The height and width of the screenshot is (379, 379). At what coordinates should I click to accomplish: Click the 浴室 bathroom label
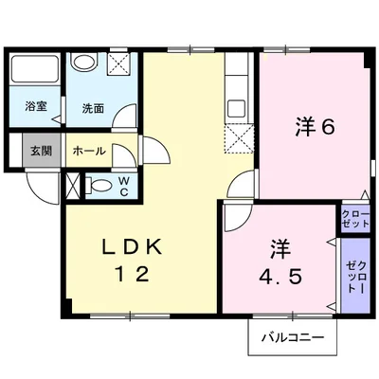point(35,108)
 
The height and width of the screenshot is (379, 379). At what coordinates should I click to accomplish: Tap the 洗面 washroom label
point(93,108)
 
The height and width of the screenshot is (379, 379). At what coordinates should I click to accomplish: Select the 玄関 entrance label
point(40,150)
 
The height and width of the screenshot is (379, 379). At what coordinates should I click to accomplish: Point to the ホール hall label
point(88,150)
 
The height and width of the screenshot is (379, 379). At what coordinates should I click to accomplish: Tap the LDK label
point(133,248)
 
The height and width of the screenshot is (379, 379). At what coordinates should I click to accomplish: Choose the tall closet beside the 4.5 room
point(355,273)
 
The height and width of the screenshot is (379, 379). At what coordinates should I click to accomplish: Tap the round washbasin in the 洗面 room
point(84,63)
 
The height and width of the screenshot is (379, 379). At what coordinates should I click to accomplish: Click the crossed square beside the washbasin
point(120,65)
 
